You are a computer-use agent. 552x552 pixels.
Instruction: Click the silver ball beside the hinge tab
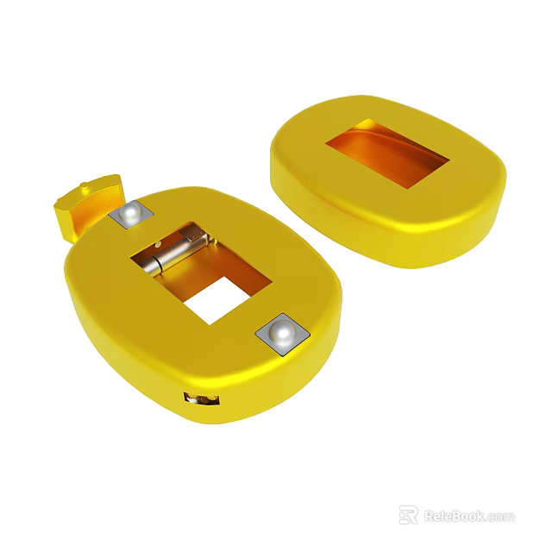click(x=130, y=213)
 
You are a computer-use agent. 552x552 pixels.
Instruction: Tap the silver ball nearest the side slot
click(x=281, y=333)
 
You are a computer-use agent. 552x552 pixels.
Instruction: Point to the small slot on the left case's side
click(x=200, y=398)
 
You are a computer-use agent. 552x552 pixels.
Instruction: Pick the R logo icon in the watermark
click(x=408, y=515)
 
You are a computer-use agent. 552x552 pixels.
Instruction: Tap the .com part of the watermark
click(x=499, y=517)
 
